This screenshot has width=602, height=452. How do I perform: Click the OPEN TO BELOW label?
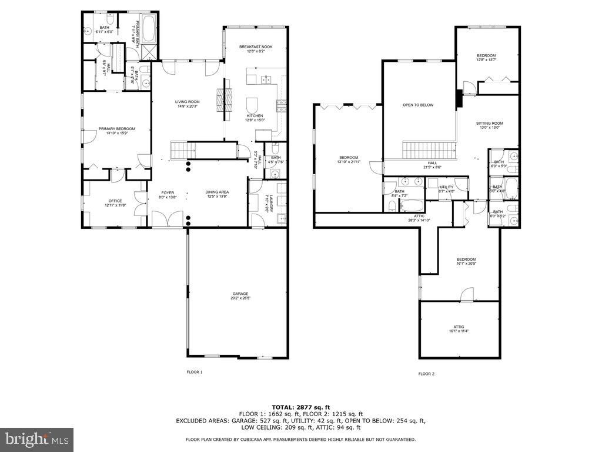tap(417, 105)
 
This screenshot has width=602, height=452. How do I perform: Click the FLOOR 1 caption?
tap(194, 372)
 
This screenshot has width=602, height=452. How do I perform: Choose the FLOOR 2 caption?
tap(426, 374)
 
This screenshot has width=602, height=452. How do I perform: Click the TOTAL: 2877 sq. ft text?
tap(300, 407)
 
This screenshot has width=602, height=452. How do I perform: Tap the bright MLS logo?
tap(36, 439)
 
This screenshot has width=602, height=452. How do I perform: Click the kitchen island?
tap(253, 105)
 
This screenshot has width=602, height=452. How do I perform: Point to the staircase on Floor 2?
tap(429, 149)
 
